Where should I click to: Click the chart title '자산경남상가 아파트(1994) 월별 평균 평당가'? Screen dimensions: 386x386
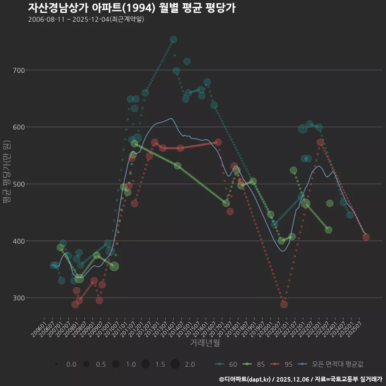pyautogui.click(x=132, y=8)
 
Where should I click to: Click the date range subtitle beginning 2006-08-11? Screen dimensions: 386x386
pyautogui.click(x=86, y=19)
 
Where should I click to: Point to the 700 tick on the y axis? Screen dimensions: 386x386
pyautogui.click(x=18, y=70)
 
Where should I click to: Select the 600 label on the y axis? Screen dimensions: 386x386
pyautogui.click(x=18, y=127)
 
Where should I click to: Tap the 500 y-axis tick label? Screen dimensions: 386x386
pyautogui.click(x=18, y=184)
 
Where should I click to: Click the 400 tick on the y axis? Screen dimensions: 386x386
pyautogui.click(x=18, y=241)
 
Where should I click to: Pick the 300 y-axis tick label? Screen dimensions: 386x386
pyautogui.click(x=18, y=298)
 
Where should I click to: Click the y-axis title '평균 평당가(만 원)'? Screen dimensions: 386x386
pyautogui.click(x=6, y=173)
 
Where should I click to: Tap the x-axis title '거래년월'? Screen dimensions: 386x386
pyautogui.click(x=205, y=343)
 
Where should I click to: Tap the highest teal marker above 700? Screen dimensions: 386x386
pyautogui.click(x=173, y=39)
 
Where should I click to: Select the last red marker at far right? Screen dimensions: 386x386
pyautogui.click(x=366, y=237)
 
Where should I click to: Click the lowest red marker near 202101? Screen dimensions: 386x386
pyautogui.click(x=284, y=304)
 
